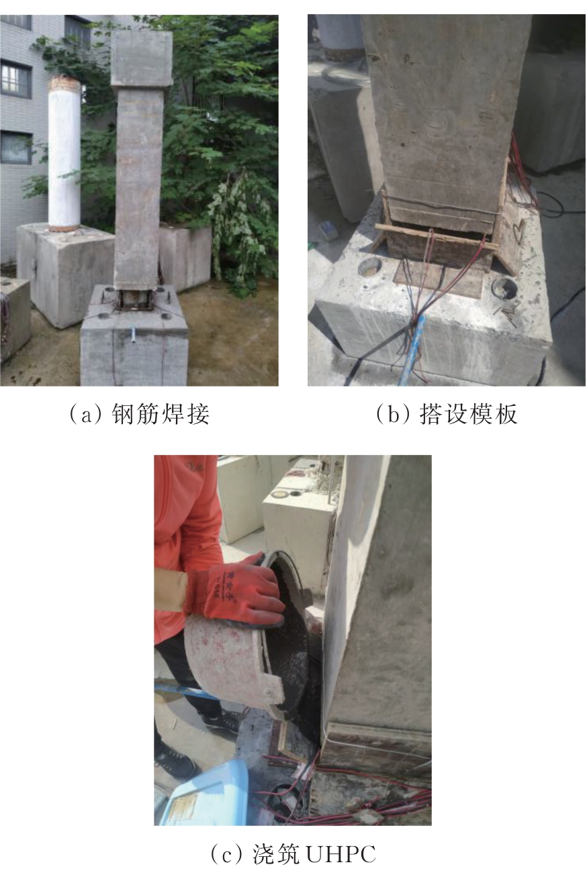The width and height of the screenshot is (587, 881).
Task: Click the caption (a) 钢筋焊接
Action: pos(139,413)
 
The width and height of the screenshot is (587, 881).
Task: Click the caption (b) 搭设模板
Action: pos(446,414)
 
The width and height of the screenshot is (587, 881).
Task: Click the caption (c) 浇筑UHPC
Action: pos(293,854)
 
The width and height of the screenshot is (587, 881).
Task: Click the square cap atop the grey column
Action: pos(141,59)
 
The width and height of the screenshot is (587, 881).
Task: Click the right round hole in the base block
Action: pos(504,289)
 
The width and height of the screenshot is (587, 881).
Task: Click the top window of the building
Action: pos(15,22)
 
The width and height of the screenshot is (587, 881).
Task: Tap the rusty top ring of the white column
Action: pos(64,83)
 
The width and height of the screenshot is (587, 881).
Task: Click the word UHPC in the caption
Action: pos(340,854)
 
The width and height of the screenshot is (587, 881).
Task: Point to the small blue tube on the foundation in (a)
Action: pos(134,335)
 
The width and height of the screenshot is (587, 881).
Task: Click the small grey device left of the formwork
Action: pos(328,229)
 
